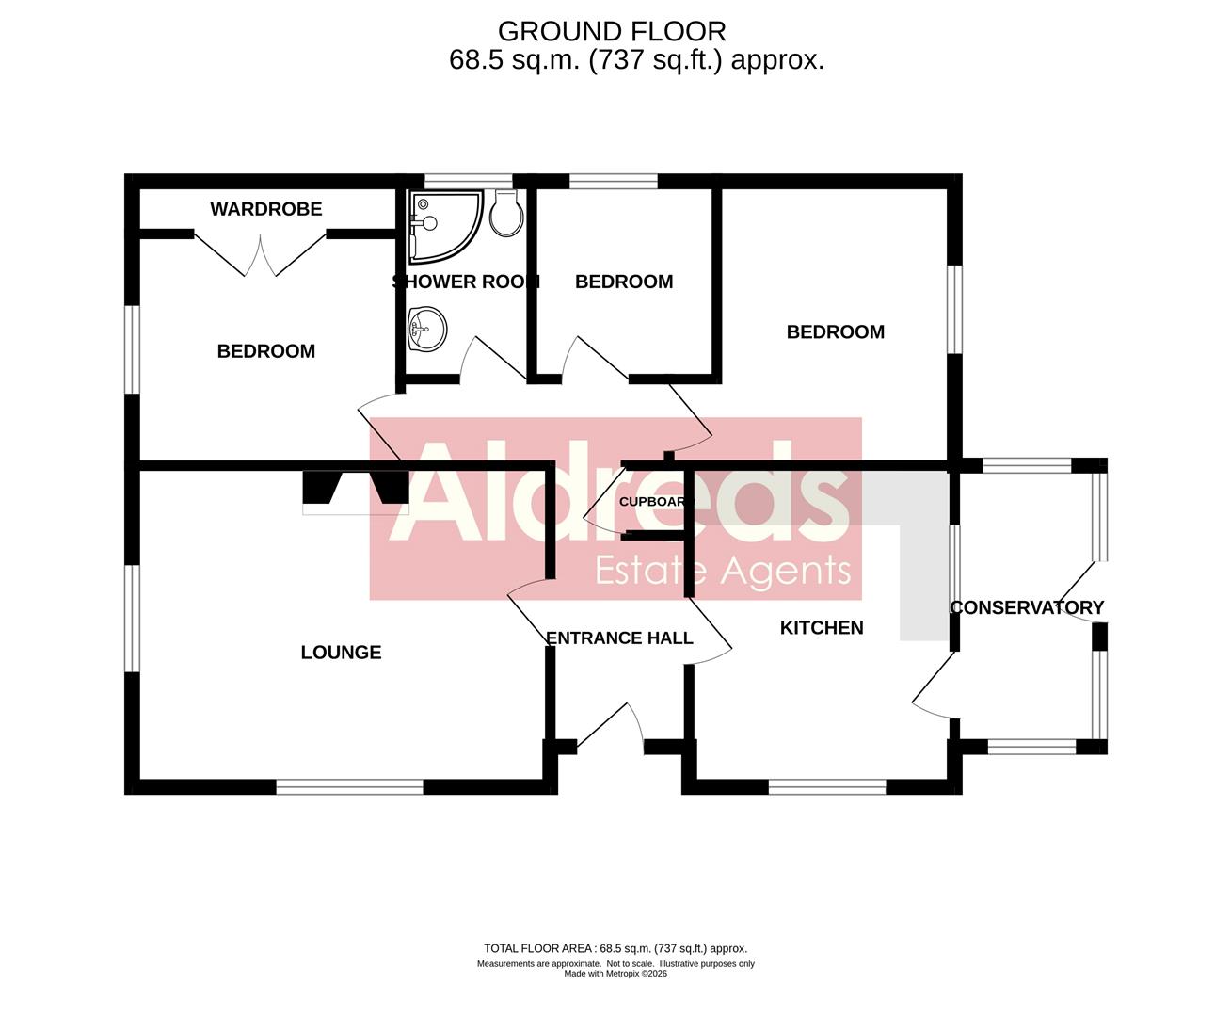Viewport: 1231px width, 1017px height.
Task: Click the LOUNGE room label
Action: pos(341,653)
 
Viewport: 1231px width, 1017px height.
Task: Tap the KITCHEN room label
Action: pos(822,628)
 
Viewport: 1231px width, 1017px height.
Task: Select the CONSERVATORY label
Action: pos(1027,607)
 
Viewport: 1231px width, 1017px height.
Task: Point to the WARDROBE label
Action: pos(265,209)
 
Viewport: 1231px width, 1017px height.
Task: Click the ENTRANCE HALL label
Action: pos(619,638)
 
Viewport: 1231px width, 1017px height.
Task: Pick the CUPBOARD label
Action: pos(656,502)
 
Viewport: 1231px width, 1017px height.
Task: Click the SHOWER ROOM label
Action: pos(465,282)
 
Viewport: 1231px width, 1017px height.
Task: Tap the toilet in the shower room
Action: pos(507,214)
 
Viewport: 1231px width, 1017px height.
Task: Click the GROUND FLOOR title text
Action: pos(612,31)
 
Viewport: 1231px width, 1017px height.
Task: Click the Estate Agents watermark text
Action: pos(723,571)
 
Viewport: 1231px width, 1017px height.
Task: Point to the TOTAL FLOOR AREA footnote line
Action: pos(615,948)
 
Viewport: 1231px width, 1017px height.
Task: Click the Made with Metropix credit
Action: pos(615,974)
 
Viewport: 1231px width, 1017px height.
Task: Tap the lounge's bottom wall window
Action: pos(349,786)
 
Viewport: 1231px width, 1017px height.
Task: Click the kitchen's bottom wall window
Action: pos(827,786)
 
